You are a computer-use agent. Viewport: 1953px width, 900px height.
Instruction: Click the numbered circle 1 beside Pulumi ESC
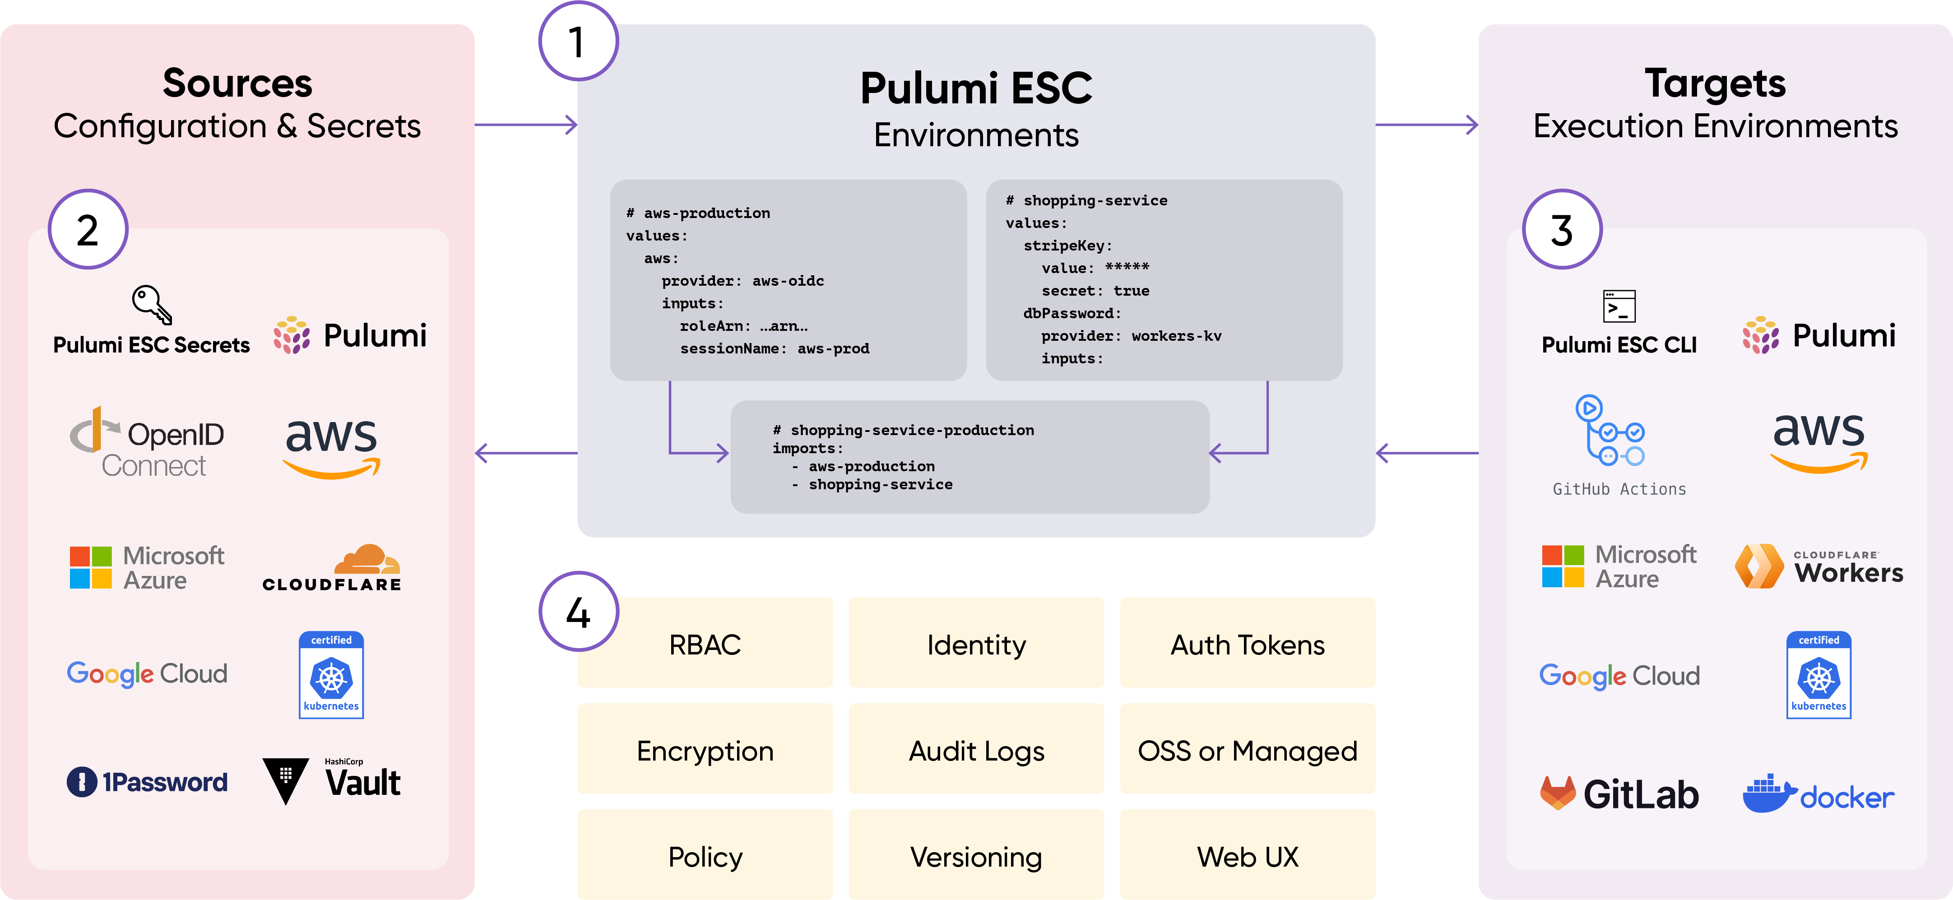[578, 41]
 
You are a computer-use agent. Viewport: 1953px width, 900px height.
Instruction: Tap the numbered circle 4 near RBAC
[578, 611]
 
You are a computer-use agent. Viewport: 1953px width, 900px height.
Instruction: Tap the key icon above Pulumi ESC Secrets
[152, 305]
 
